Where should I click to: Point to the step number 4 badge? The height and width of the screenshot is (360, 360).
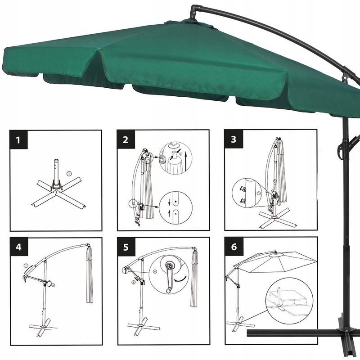(x=18, y=247)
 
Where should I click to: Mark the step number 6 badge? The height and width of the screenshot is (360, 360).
(x=233, y=247)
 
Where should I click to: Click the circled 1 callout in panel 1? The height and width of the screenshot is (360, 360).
(x=69, y=173)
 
